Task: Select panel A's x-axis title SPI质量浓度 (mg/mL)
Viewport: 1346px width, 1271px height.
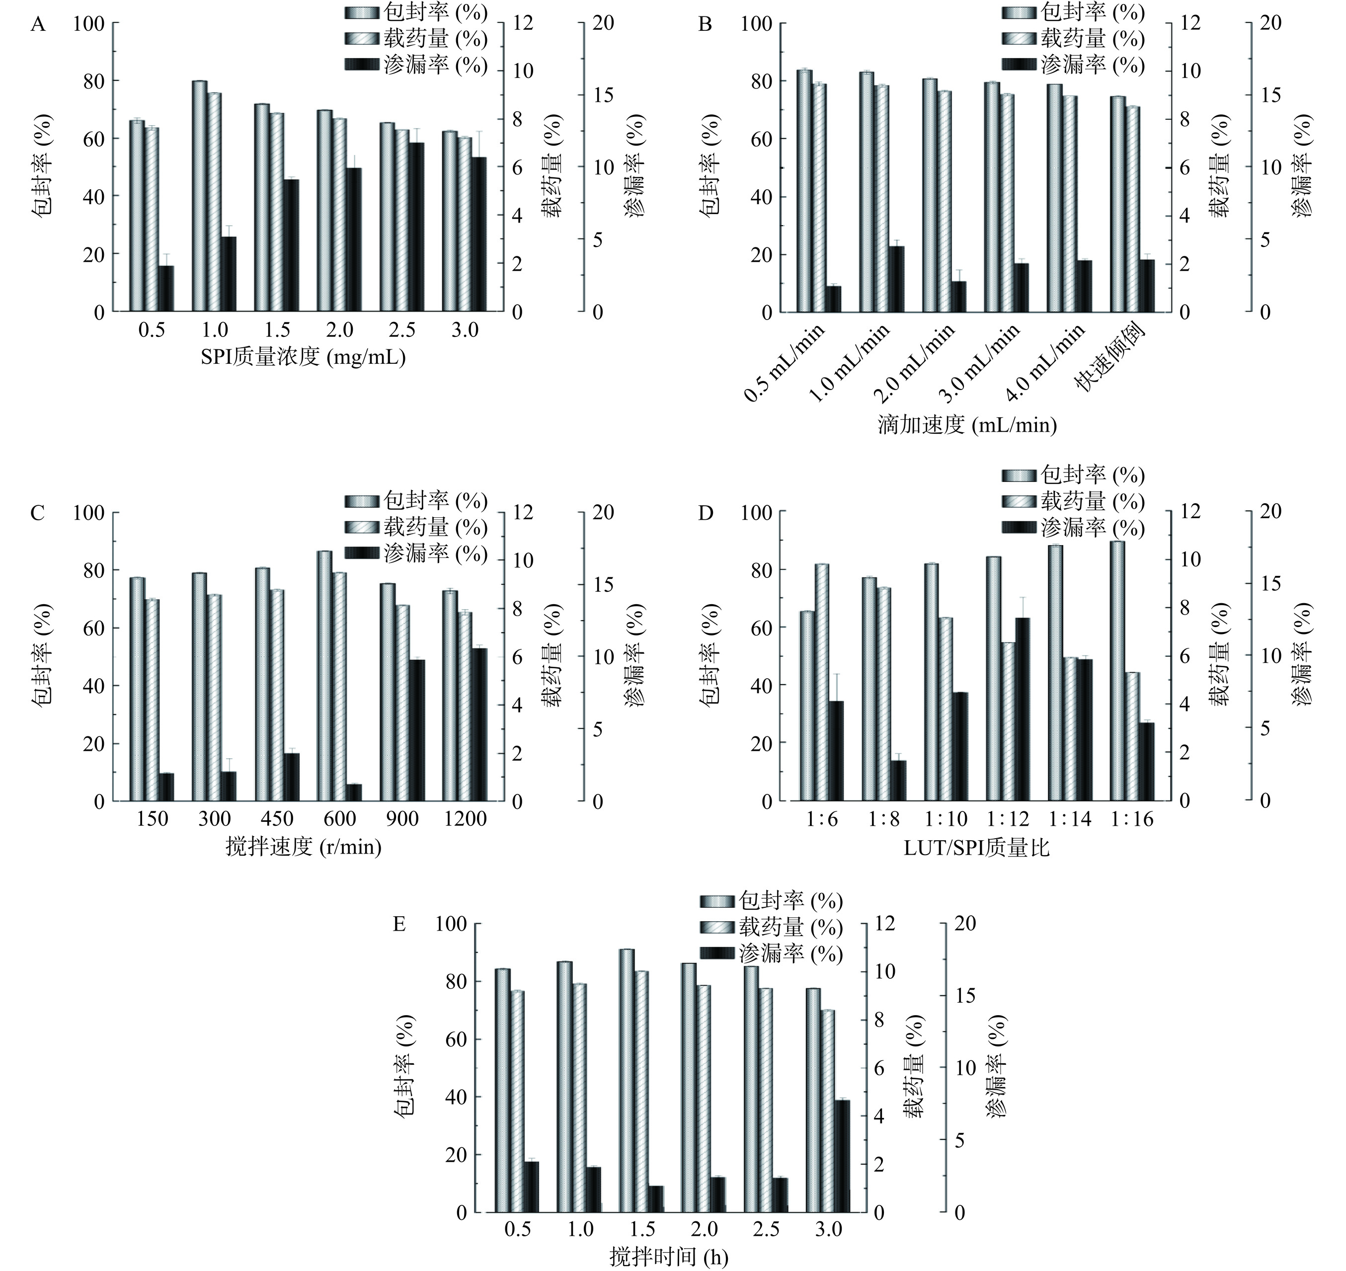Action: (x=303, y=357)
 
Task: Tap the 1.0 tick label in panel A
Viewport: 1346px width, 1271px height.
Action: (x=214, y=330)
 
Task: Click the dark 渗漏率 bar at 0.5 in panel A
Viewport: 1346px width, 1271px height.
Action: (x=166, y=289)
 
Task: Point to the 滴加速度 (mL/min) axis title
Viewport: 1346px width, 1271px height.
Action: (x=967, y=425)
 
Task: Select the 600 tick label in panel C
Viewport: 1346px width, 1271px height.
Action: (x=339, y=819)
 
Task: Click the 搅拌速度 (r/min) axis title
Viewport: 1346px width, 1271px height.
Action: (x=303, y=846)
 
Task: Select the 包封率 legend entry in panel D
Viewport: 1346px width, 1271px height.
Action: (x=1073, y=476)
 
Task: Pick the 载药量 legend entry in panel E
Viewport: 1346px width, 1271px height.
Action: (x=772, y=928)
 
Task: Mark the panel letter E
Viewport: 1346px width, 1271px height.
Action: (x=399, y=925)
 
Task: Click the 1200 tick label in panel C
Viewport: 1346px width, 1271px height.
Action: (x=466, y=819)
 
